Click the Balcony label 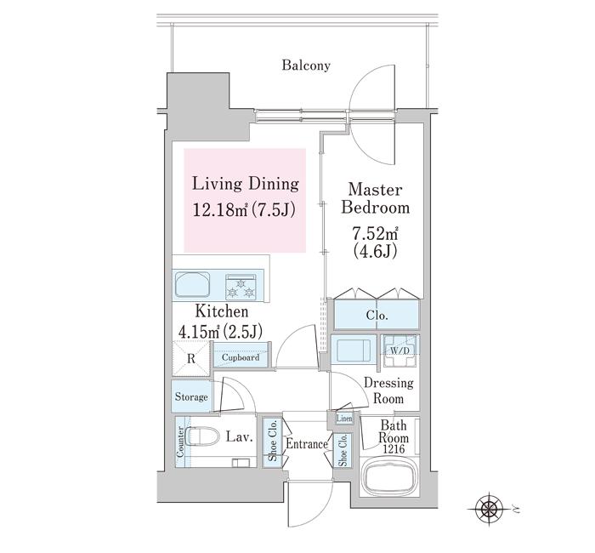coord(306,66)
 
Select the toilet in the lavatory coord(204,436)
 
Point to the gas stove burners coord(241,288)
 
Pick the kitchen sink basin coord(192,284)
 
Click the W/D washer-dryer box coord(400,351)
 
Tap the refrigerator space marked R coord(191,359)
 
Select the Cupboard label coord(241,357)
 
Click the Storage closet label coord(191,397)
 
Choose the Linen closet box coord(344,419)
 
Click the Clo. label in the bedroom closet coord(377,316)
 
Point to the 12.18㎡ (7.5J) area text coord(244,209)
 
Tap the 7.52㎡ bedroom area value coord(375,234)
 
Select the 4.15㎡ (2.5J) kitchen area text coord(220,332)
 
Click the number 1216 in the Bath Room coord(394,449)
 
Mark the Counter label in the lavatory coord(180,442)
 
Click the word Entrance coord(307,443)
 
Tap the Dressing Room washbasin coord(354,351)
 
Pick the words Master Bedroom coord(375,198)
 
